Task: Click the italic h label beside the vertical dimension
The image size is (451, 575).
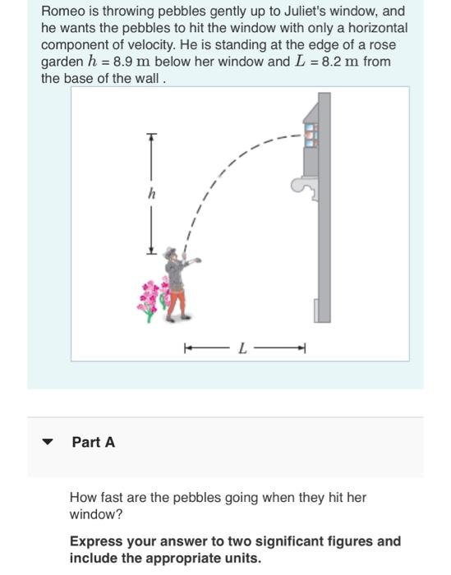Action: click(x=150, y=195)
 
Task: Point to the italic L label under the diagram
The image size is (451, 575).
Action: click(x=242, y=348)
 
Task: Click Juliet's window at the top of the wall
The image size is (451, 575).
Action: click(x=311, y=135)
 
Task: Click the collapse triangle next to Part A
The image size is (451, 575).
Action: click(x=48, y=443)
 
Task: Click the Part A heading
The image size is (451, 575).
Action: click(x=94, y=443)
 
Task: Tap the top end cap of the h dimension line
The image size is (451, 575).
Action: click(x=151, y=136)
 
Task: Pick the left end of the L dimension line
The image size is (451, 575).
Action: click(x=186, y=348)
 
